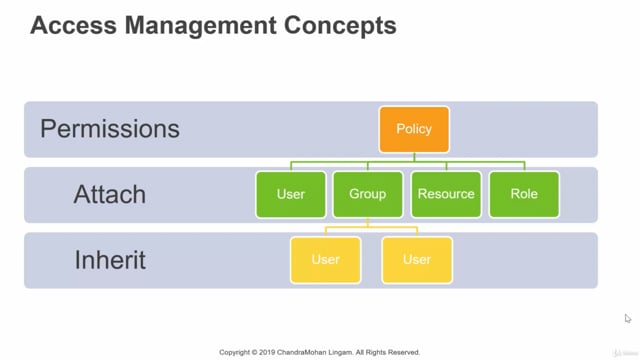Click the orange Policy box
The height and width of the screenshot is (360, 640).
(x=414, y=129)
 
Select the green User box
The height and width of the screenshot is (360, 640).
(x=291, y=194)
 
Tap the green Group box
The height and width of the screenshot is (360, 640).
(x=367, y=194)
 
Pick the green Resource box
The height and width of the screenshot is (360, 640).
(x=446, y=194)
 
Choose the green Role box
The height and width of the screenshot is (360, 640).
(x=524, y=194)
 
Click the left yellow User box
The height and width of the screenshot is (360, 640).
(x=325, y=259)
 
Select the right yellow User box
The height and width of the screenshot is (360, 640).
(x=417, y=259)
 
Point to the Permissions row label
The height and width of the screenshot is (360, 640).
(x=110, y=129)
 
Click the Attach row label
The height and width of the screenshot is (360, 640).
(x=110, y=194)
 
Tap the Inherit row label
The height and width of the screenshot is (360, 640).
(x=110, y=260)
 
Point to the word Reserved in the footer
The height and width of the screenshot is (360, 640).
(x=402, y=352)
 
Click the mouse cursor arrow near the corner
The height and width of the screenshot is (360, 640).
(x=628, y=319)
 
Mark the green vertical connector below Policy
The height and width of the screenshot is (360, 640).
(x=414, y=157)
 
